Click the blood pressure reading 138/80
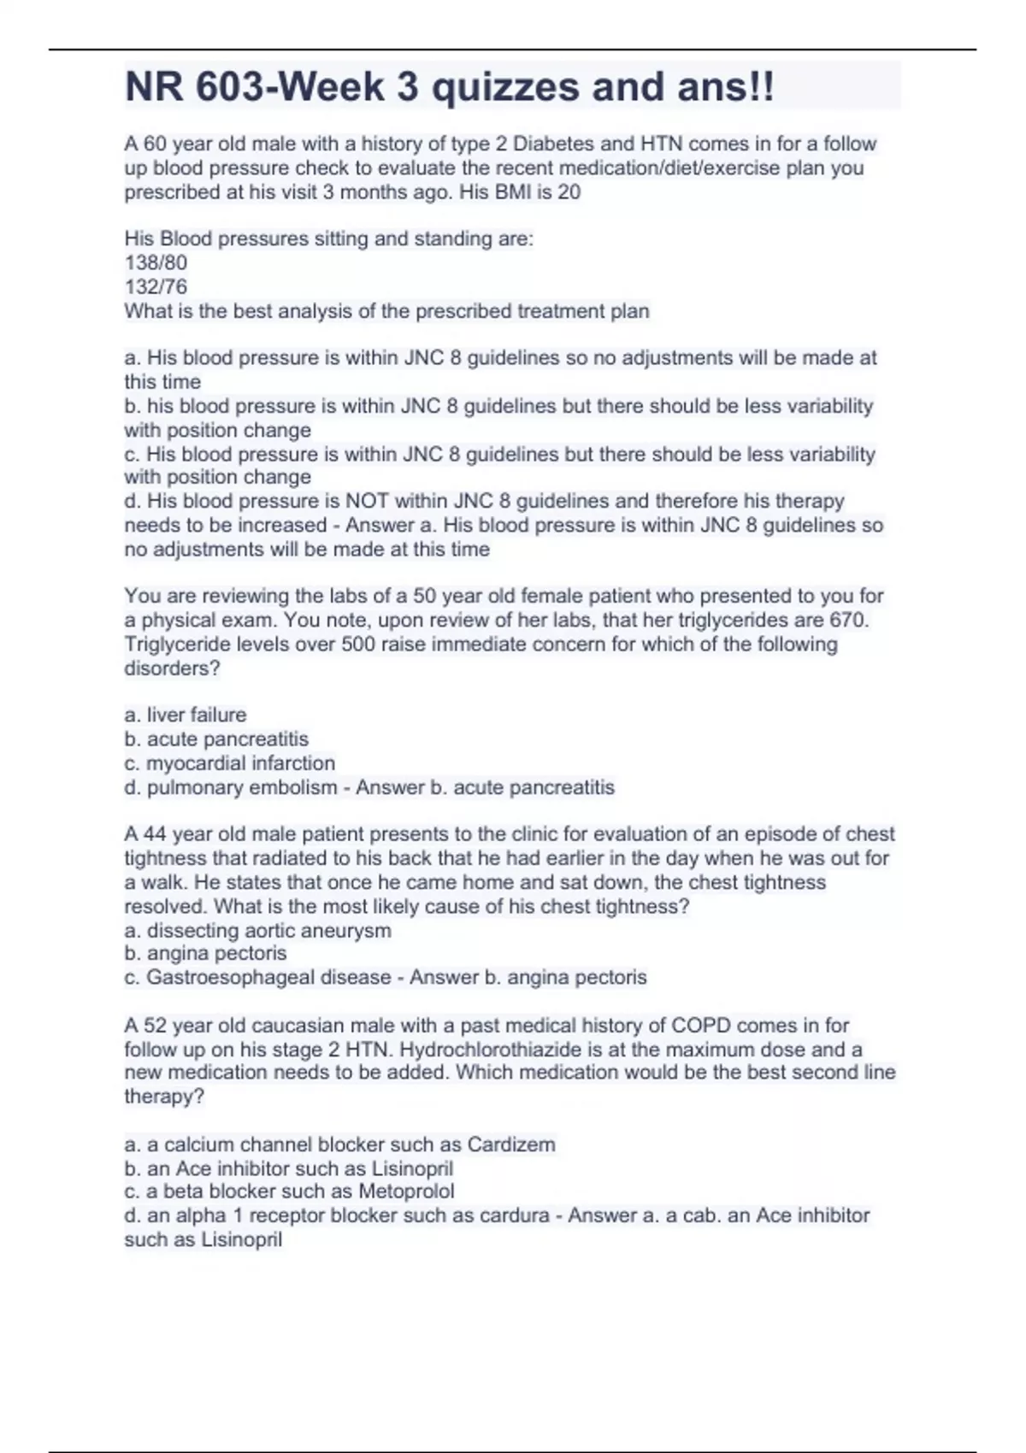click(x=156, y=262)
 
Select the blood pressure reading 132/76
click(x=156, y=286)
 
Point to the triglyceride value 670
click(x=847, y=620)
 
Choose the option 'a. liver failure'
click(x=186, y=715)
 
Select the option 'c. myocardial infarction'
click(x=229, y=762)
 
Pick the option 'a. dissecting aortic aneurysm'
click(x=257, y=930)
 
